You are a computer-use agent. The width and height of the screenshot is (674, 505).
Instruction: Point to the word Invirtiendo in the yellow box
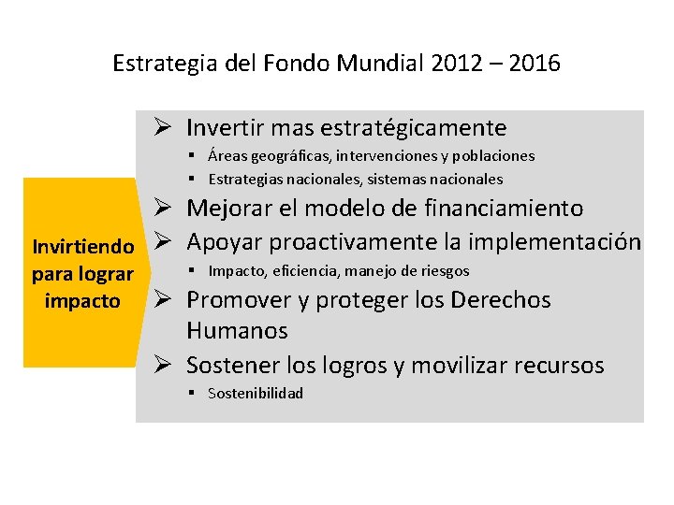point(83,248)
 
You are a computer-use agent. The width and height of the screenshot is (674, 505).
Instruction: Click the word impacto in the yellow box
point(82,301)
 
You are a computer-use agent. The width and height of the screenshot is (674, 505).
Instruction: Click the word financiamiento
point(503,208)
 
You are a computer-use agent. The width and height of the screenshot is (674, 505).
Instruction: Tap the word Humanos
point(237,331)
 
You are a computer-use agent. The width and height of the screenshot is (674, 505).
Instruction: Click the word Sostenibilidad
point(256,394)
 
